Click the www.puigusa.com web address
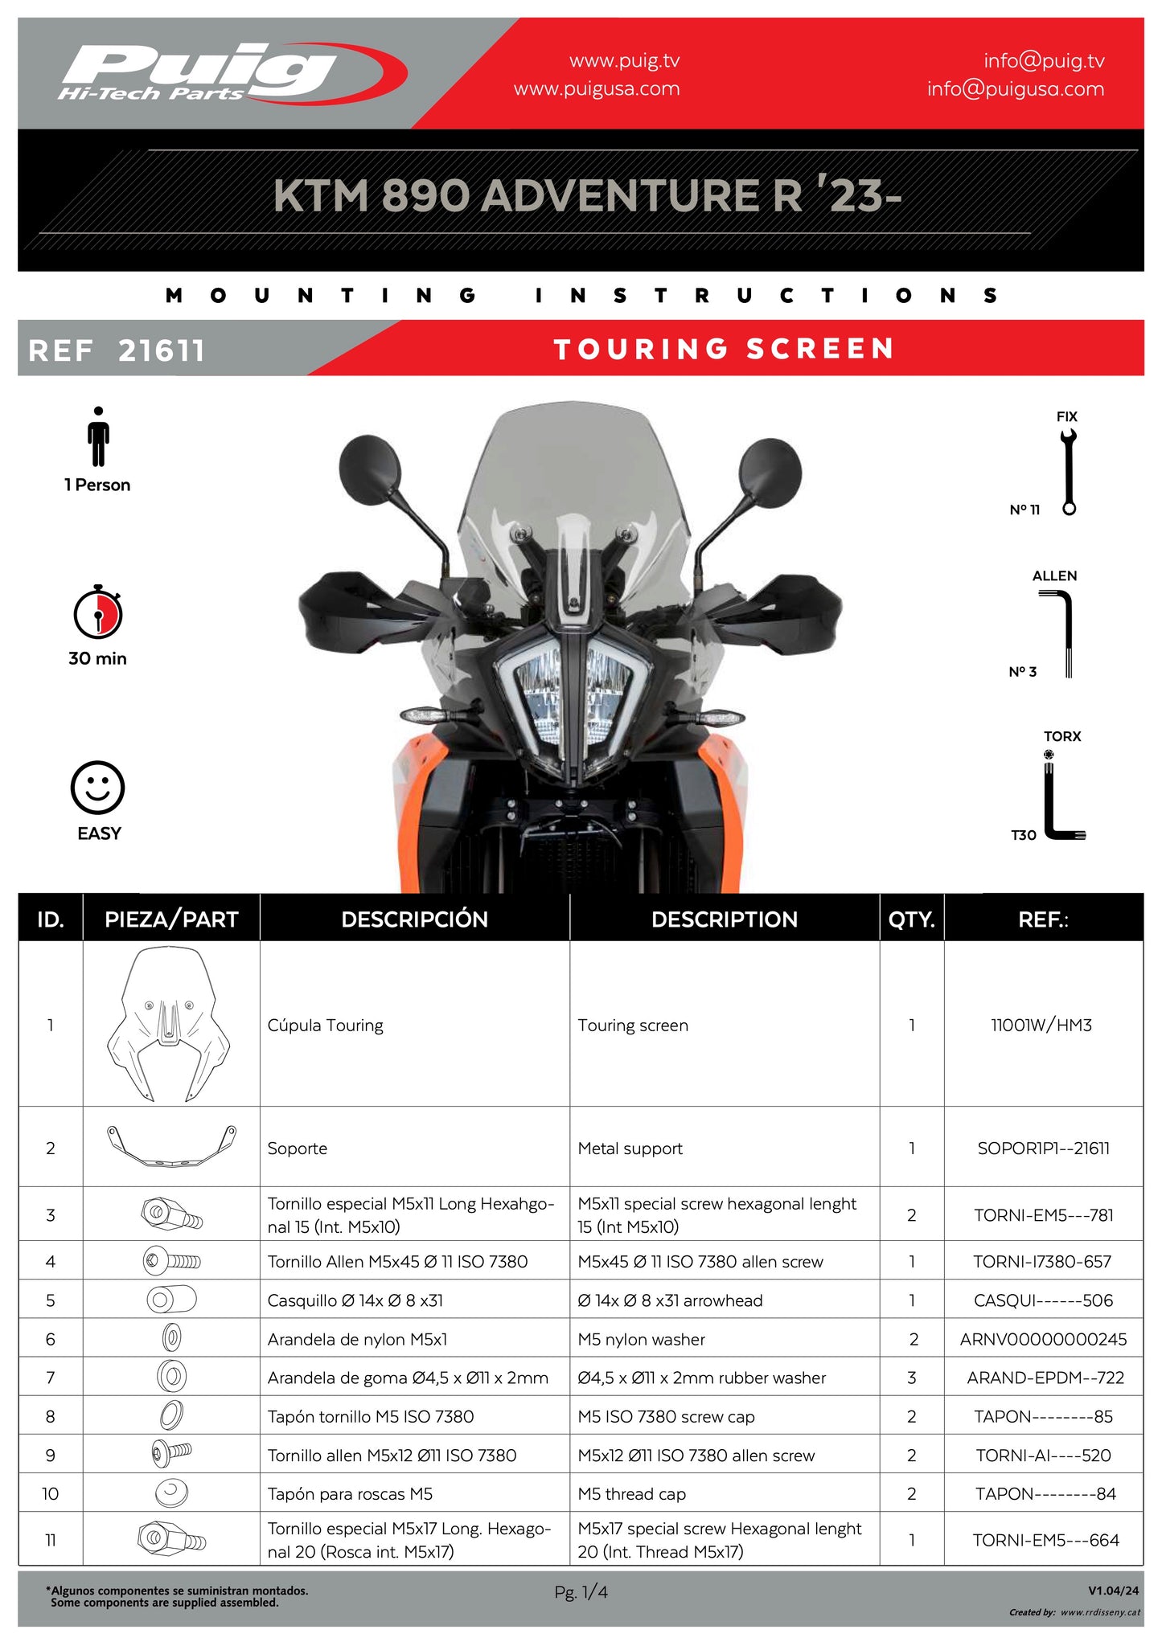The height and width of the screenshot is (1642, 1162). click(596, 89)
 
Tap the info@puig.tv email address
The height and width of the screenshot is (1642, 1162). click(1043, 61)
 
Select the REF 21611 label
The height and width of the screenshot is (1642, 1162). click(117, 350)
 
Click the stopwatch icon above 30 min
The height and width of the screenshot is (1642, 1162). click(97, 612)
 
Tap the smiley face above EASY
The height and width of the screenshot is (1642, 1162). click(97, 788)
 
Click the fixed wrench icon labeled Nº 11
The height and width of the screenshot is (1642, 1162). click(1068, 472)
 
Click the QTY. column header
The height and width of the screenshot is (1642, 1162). click(911, 919)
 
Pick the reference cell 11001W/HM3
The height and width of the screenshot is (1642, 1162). click(1041, 1025)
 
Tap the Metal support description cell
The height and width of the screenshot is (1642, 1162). click(630, 1149)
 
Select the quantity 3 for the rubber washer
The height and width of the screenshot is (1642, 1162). click(911, 1378)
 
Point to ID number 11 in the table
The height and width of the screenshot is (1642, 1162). click(50, 1540)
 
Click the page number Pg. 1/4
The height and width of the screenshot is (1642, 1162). click(581, 1591)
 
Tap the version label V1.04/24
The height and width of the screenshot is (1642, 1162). click(1113, 1590)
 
